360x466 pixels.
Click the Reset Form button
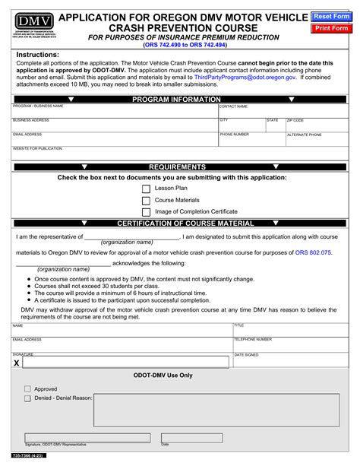coord(333,16)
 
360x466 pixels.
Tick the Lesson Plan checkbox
coord(146,188)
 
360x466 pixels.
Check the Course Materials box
coord(146,200)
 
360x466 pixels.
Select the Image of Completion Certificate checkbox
coord(146,212)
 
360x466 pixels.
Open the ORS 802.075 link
coord(314,252)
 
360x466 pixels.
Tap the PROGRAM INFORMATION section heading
coord(176,100)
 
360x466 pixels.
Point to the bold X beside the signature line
coord(17,363)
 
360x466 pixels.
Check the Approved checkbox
coord(27,388)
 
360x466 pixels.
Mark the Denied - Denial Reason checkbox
coord(27,398)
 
